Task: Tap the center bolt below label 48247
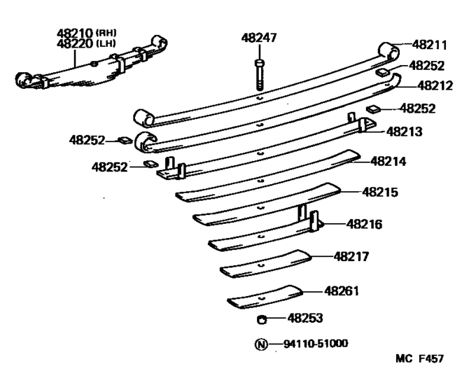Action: [x=260, y=73]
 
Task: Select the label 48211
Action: [x=429, y=45]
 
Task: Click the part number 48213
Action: [x=405, y=131]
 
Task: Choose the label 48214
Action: [x=389, y=161]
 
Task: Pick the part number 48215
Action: [x=380, y=191]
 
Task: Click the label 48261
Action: [x=342, y=289]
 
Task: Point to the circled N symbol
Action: [x=260, y=344]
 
